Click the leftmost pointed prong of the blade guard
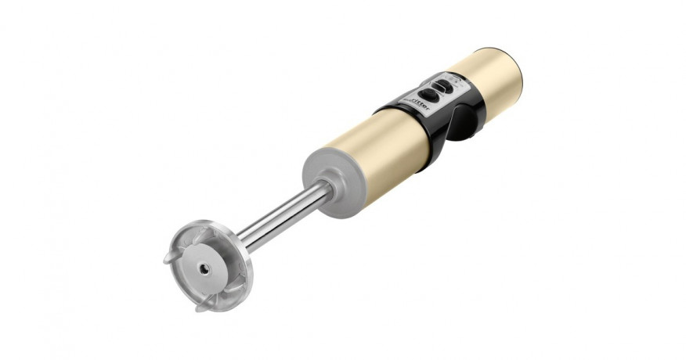point(168,258)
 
